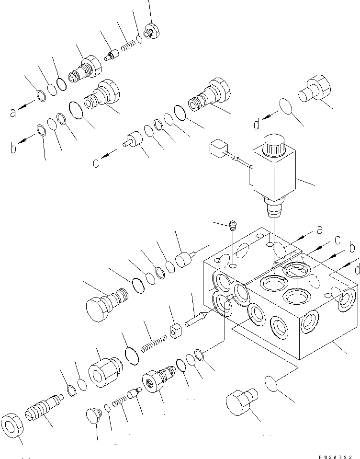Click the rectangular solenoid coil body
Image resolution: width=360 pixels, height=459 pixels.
[x=273, y=173]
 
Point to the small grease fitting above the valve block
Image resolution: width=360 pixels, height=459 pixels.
[x=232, y=224]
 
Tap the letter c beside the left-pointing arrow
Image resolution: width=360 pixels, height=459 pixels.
[x=96, y=163]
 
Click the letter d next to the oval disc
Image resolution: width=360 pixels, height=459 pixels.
[x=257, y=125]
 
